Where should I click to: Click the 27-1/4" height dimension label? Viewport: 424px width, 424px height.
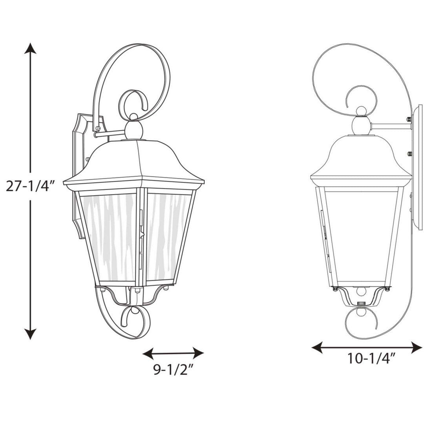point(29,185)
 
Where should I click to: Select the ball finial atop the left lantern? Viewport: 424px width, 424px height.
point(134,129)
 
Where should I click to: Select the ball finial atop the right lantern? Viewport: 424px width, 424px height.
point(361,126)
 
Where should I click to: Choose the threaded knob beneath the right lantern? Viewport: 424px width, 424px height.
point(361,303)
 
